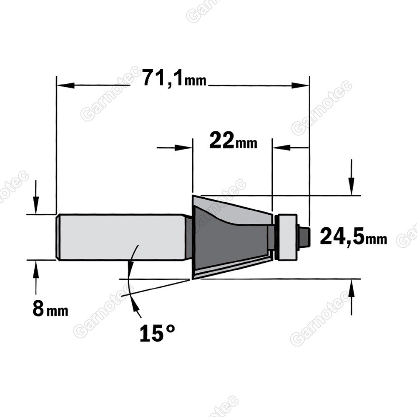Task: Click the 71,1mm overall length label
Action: [175, 78]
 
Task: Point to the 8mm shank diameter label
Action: [50, 309]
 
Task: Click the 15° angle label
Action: [158, 333]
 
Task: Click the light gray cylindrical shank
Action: [121, 237]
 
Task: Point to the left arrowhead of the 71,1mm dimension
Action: [65, 85]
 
